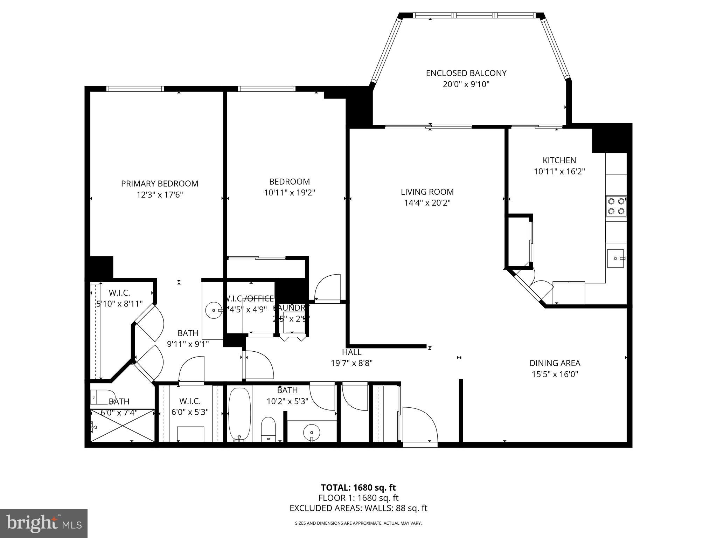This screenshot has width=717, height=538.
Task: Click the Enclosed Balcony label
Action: pos(466,73)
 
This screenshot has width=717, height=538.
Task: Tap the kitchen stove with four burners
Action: pos(616,206)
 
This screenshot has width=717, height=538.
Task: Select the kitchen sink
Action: pos(615,258)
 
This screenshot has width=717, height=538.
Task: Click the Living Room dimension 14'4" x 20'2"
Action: pos(427,203)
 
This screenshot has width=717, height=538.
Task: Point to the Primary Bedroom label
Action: pos(160,184)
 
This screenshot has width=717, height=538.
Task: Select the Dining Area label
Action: pos(555,363)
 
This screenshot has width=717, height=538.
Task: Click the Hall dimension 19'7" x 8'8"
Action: pos(351,363)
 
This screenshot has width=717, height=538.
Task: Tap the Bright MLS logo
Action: pos(43,523)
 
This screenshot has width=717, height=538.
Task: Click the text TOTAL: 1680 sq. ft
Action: pos(358,488)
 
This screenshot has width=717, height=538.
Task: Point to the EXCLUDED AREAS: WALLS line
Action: pos(358,508)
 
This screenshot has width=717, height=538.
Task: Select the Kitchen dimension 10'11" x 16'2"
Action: pos(559,172)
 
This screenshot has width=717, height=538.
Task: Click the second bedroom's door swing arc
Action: pos(328,287)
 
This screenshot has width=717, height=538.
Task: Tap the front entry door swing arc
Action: pos(420,426)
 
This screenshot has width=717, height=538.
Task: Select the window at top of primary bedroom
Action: pos(135,89)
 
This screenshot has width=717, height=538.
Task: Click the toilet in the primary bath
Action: pos(102,396)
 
